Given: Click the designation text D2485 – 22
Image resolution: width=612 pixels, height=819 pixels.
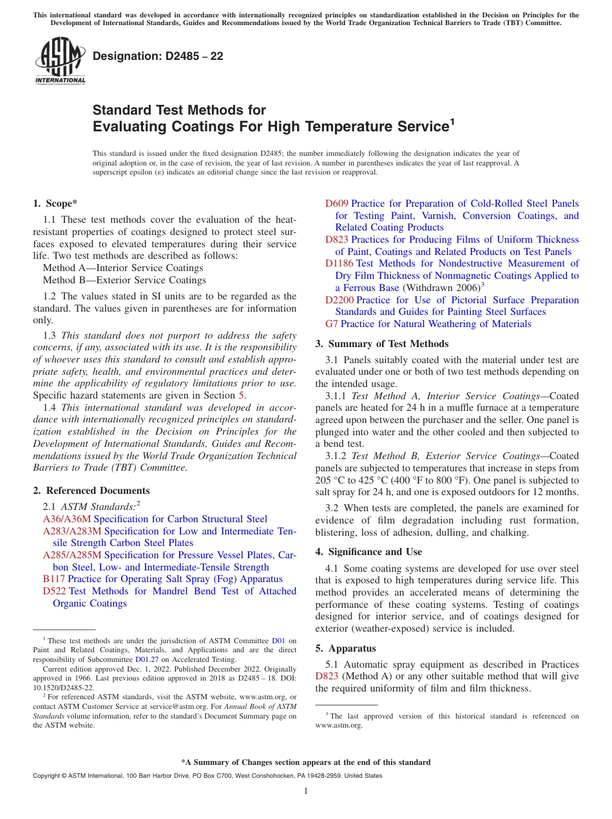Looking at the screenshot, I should pyautogui.click(x=158, y=56).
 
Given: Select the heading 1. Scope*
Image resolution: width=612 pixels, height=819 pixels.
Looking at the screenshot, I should pyautogui.click(x=55, y=203).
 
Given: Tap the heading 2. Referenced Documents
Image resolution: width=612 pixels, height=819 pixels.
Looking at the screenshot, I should pyautogui.click(x=91, y=491).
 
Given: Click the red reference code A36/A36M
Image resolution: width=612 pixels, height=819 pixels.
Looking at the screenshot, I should pyautogui.click(x=67, y=519).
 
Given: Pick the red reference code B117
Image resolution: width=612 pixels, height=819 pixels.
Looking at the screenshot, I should pyautogui.click(x=53, y=579).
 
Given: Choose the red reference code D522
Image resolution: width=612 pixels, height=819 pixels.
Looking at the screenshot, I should pyautogui.click(x=54, y=591).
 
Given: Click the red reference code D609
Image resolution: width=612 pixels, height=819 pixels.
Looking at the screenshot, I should pyautogui.click(x=336, y=203).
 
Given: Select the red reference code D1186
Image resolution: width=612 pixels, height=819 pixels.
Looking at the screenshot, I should pyautogui.click(x=339, y=263).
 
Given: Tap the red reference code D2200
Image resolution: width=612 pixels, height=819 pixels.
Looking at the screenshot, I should pyautogui.click(x=339, y=300).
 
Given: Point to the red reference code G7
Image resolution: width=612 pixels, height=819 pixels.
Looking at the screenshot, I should pyautogui.click(x=331, y=324).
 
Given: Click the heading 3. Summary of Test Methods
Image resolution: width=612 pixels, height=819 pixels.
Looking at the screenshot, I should pyautogui.click(x=381, y=344).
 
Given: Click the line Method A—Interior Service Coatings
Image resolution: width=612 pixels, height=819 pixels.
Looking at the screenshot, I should pyautogui.click(x=122, y=268).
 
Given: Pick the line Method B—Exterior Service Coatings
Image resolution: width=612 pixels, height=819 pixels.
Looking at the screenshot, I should pyautogui.click(x=124, y=280).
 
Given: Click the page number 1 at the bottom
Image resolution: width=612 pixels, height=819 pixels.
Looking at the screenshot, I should pyautogui.click(x=306, y=791).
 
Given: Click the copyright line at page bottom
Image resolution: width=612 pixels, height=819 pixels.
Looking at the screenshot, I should pyautogui.click(x=207, y=776).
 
